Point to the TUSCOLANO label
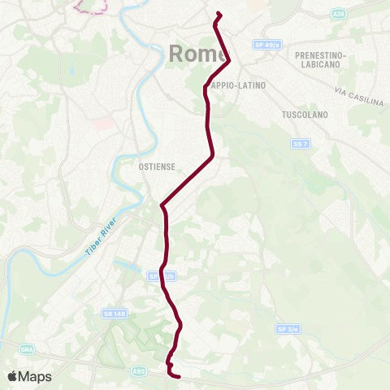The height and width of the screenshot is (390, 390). (x=305, y=115)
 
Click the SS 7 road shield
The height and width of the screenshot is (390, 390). (x=300, y=143)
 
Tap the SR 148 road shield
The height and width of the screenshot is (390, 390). (x=113, y=313)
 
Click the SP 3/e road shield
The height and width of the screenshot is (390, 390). (x=287, y=329)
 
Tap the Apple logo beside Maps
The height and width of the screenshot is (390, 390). (x=13, y=376)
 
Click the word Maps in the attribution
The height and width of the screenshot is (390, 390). (x=36, y=376)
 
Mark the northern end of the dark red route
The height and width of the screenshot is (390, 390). (x=219, y=13)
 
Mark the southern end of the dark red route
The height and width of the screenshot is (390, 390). (x=178, y=375)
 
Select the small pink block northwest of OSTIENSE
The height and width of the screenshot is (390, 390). (x=103, y=123)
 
